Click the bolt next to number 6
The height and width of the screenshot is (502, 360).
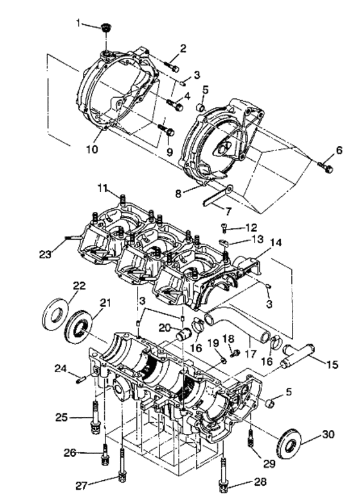[325, 166]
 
